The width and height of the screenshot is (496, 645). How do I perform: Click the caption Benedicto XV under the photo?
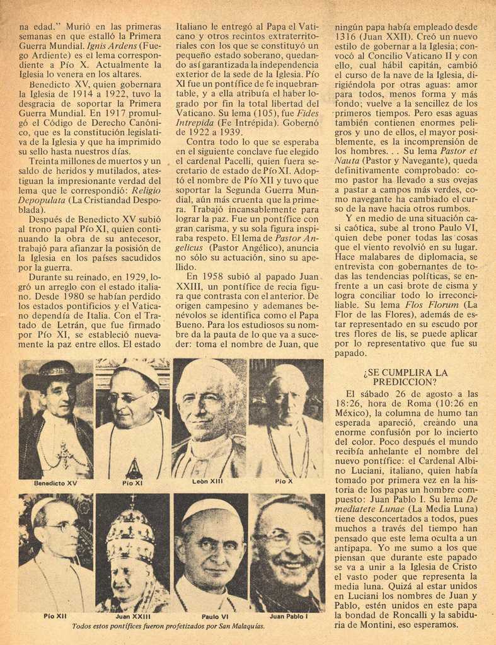[x=55, y=483]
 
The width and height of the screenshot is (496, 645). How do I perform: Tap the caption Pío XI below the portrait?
[x=132, y=483]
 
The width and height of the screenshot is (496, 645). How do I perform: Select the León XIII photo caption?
[x=208, y=481]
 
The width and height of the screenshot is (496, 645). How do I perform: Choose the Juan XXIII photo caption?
[x=132, y=617]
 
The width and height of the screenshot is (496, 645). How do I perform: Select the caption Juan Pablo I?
[x=288, y=617]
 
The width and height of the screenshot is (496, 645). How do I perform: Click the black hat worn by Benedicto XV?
[x=56, y=375]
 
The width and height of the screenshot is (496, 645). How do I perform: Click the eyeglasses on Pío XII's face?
[x=63, y=526]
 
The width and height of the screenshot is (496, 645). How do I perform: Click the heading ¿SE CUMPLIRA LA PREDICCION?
[x=405, y=377]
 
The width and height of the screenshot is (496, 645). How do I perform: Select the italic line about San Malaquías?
[x=168, y=626]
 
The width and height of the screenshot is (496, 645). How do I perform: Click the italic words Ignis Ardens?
[x=112, y=46]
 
